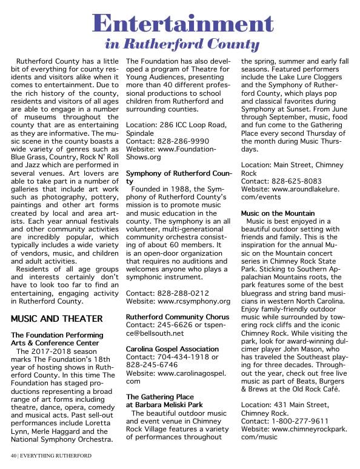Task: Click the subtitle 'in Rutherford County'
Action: (x=182, y=44)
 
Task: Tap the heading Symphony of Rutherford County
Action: (x=177, y=177)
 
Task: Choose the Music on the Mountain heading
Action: (x=278, y=213)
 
